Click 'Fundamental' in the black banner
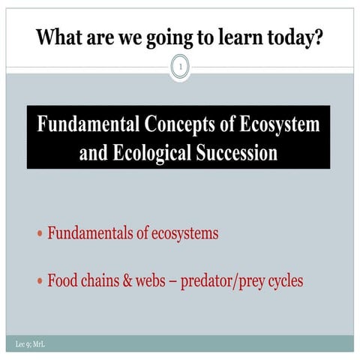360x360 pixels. coord(91,124)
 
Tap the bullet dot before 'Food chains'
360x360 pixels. coord(40,283)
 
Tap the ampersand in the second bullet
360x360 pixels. coord(131,282)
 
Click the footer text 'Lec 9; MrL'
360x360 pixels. coord(22,343)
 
